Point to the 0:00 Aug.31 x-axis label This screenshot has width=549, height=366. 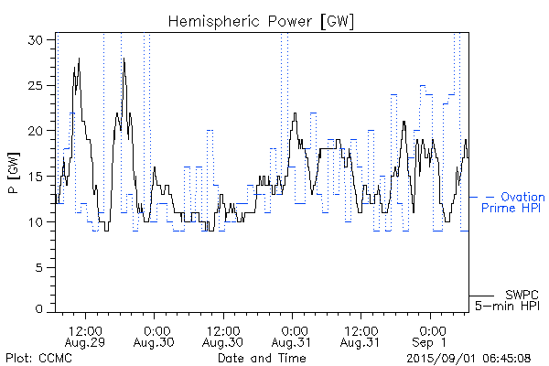pos(293,334)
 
